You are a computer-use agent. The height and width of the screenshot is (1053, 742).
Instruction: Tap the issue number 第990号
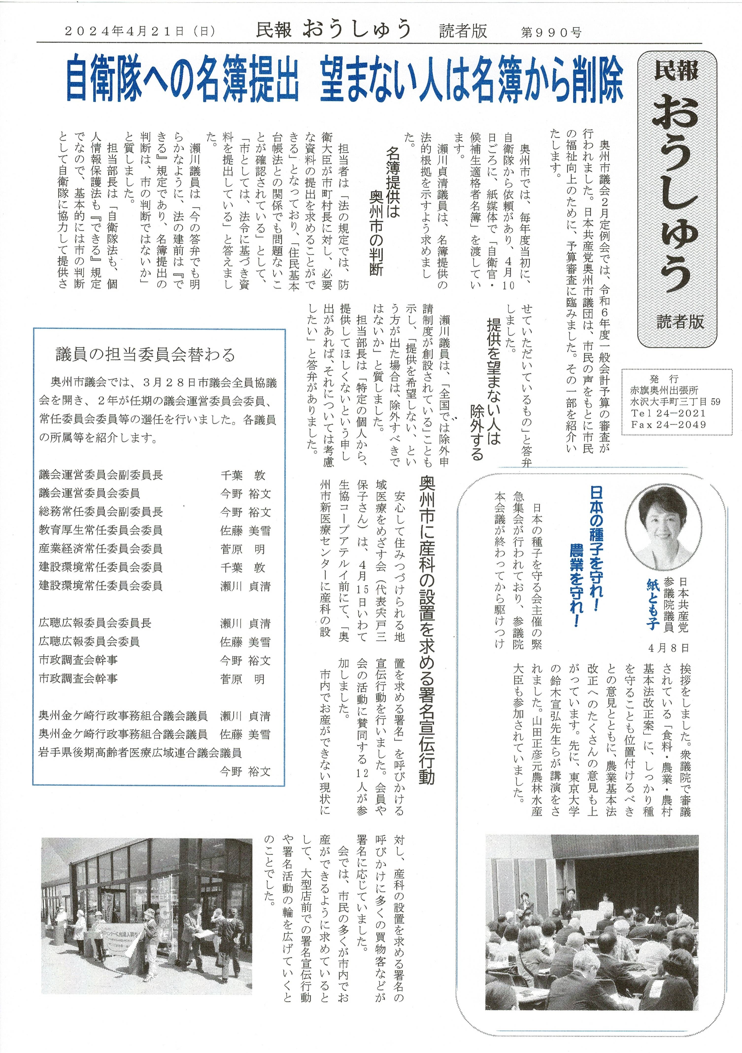point(552,32)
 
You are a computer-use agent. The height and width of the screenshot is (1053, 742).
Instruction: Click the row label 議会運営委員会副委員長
point(101,475)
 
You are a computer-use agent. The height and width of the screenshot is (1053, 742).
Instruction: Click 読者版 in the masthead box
point(680,321)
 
